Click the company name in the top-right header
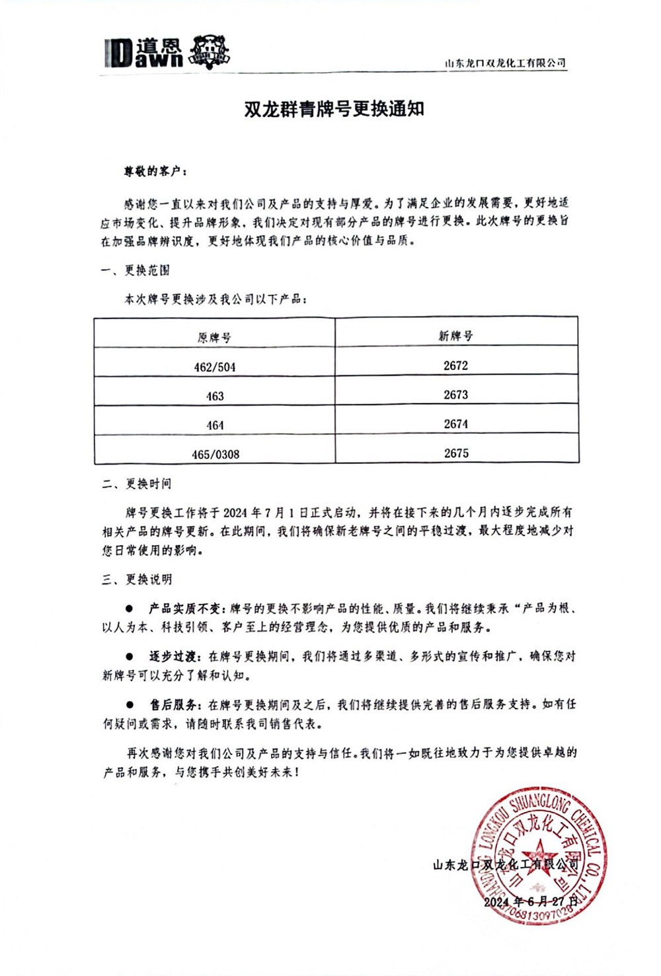point(506,63)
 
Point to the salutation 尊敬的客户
point(155,171)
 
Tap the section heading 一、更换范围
point(136,270)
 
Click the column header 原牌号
point(214,338)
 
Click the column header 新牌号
point(456,336)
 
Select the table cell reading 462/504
point(215,367)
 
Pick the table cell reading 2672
point(456,365)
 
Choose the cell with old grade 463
point(215,396)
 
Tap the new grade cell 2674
point(456,424)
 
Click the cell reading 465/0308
point(215,454)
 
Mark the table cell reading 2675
point(456,453)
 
